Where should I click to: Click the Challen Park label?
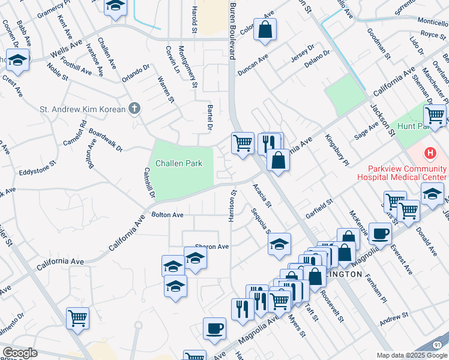(179, 163)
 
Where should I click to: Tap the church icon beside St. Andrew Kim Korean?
(135, 109)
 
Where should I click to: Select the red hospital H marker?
(430, 153)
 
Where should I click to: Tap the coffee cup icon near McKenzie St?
(379, 233)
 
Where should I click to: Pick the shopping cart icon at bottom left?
(78, 318)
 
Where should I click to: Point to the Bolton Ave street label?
(167, 214)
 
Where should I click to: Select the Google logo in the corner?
(20, 353)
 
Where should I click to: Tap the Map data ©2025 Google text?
(412, 355)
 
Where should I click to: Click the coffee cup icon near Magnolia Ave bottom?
(214, 328)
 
